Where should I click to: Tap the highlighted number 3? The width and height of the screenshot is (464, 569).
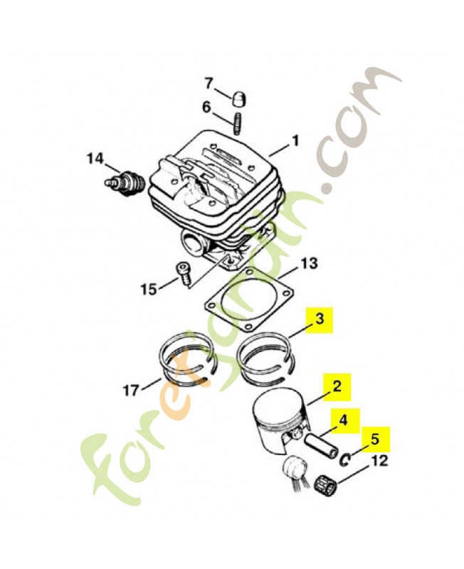(321, 320)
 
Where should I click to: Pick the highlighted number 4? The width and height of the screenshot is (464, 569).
(344, 420)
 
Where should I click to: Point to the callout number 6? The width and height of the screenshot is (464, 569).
(207, 108)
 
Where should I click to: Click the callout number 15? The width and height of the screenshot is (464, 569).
(149, 289)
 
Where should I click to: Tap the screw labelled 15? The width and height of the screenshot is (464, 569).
(182, 274)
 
